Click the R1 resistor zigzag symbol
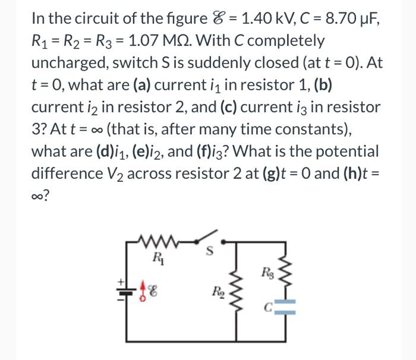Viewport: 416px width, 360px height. click(x=157, y=242)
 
